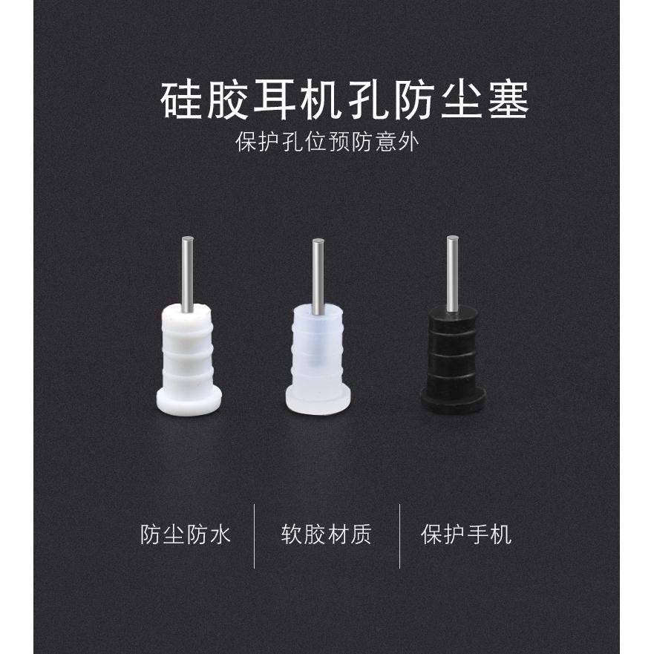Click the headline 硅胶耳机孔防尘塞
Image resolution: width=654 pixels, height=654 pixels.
(345, 101)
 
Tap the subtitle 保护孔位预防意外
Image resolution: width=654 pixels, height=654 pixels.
(327, 141)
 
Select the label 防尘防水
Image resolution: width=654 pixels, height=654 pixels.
(186, 534)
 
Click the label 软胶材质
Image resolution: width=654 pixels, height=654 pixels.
(327, 534)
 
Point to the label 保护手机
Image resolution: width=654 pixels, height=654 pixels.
(466, 534)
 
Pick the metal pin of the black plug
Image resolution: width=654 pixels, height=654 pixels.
(451, 271)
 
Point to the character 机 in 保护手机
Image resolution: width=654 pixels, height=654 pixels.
(501, 534)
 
